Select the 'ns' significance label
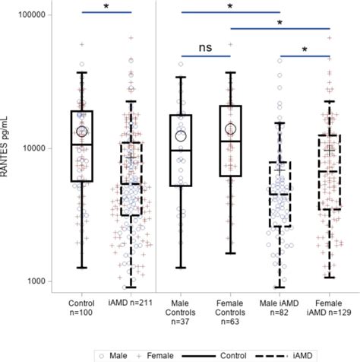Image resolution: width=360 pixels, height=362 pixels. pos(205,47)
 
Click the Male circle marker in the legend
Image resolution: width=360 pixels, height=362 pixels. pos(103,354)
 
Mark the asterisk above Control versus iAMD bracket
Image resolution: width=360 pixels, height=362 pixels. pos(106,7)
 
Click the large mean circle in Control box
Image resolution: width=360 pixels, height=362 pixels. pos(81,132)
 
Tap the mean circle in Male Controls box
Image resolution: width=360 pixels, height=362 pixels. pos(181,135)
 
